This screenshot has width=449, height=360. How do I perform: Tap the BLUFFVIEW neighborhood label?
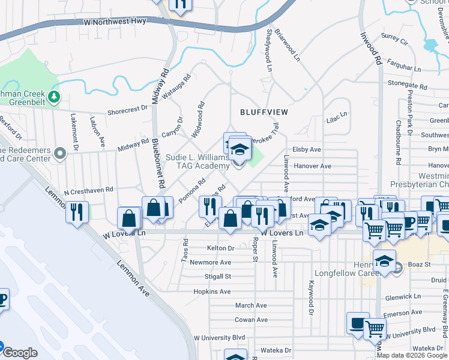[264, 112]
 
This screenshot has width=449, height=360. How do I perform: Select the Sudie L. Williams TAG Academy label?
[197, 161]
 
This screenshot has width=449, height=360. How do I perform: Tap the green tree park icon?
[55, 96]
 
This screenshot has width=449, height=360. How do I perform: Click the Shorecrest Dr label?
[127, 110]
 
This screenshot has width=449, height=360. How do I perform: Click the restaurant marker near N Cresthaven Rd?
[77, 212]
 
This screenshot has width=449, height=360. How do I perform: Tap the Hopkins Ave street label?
[212, 292]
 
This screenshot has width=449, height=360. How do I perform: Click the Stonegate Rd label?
[407, 84]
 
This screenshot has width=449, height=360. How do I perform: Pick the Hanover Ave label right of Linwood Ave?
[312, 166]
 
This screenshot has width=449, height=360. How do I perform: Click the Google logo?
[20, 353]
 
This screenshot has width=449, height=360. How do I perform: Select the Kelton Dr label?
[220, 248]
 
